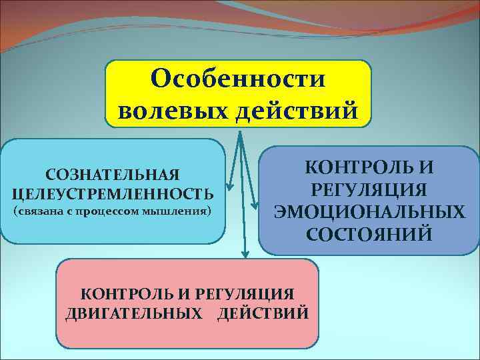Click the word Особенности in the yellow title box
pos(238,79)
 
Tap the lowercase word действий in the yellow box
pos(296,109)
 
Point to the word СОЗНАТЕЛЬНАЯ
pos(113,175)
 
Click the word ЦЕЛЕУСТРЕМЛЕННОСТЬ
pos(113,194)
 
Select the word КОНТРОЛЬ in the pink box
pos(119,293)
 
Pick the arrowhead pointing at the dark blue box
pos(254,204)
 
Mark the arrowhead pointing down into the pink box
pos(245,254)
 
